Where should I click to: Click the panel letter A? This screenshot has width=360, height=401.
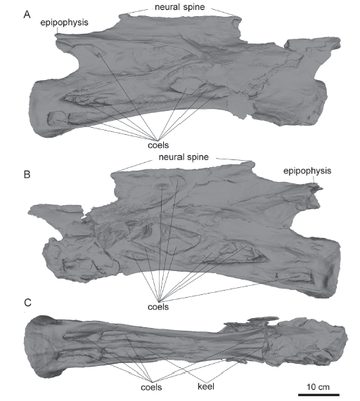pyautogui.click(x=27, y=15)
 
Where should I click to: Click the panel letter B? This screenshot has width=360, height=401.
pyautogui.click(x=27, y=174)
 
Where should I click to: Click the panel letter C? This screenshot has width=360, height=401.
pyautogui.click(x=27, y=303)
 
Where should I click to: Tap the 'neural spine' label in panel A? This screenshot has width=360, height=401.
pyautogui.click(x=180, y=7)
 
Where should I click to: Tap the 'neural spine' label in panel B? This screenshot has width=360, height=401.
pyautogui.click(x=184, y=157)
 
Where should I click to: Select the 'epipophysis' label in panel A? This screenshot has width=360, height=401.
pyautogui.click(x=64, y=22)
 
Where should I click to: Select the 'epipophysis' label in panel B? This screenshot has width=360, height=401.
pyautogui.click(x=307, y=171)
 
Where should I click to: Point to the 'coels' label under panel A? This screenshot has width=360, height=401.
pyautogui.click(x=158, y=145)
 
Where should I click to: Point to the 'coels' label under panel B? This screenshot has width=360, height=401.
pyautogui.click(x=158, y=306)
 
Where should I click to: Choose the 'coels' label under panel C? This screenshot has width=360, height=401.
pyautogui.click(x=151, y=387)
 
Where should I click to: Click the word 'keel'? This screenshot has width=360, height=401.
pyautogui.click(x=206, y=386)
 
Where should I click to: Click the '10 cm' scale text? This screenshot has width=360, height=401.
pyautogui.click(x=319, y=387)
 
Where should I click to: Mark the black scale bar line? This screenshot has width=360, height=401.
pyautogui.click(x=319, y=395)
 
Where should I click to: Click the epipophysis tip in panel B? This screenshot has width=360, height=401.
pyautogui.click(x=319, y=189)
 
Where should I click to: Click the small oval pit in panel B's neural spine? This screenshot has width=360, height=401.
pyautogui.click(x=161, y=187)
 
